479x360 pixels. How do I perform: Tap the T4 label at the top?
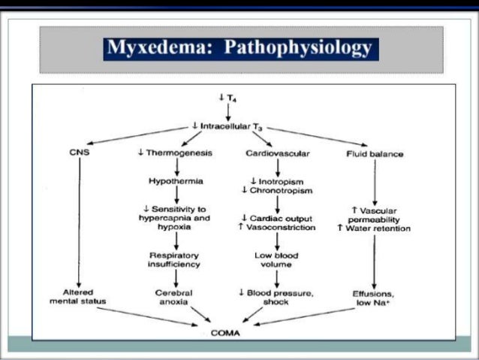pos(227,98)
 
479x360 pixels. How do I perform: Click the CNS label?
pos(79,153)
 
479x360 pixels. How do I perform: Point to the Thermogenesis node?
pos(175,153)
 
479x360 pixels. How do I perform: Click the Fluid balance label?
pos(375,154)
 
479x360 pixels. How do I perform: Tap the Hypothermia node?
pos(175,181)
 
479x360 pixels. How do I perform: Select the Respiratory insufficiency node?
pos(175,260)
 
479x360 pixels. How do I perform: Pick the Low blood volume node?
pos(277,260)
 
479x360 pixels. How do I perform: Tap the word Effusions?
pos(374,292)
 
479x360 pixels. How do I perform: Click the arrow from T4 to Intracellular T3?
pos(227,112)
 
